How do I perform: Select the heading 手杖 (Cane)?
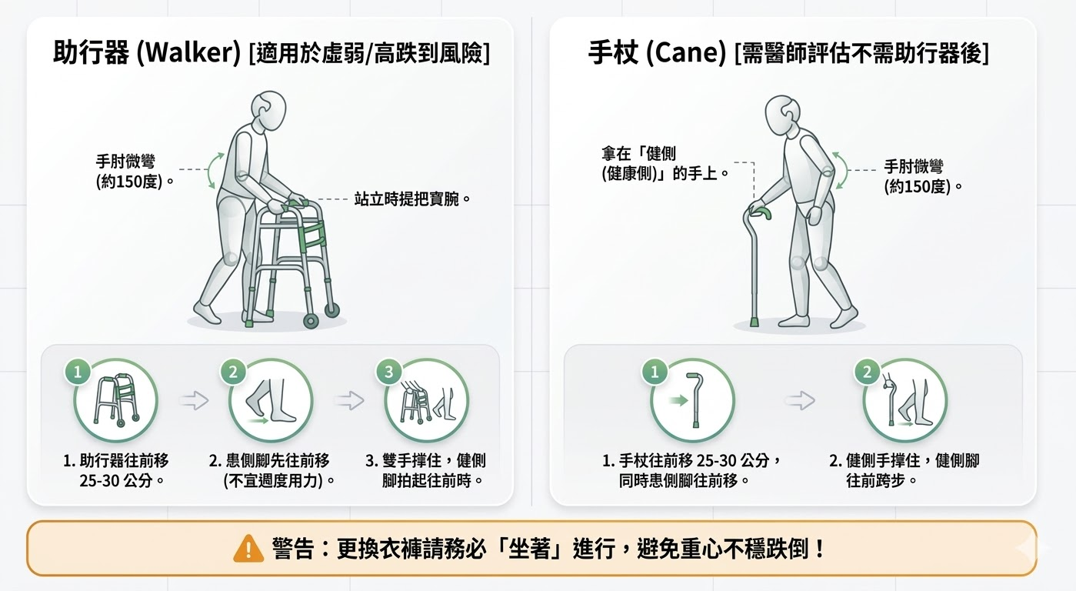pyautogui.click(x=657, y=53)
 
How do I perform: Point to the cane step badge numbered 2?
pyautogui.click(x=868, y=372)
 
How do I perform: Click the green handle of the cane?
pyautogui.click(x=760, y=211)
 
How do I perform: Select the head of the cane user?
pyautogui.click(x=784, y=114)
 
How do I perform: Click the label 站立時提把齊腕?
pyautogui.click(x=412, y=199)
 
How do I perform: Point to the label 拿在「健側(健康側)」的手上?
pyautogui.click(x=665, y=163)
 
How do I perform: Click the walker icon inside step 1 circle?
pyautogui.click(x=116, y=401)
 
